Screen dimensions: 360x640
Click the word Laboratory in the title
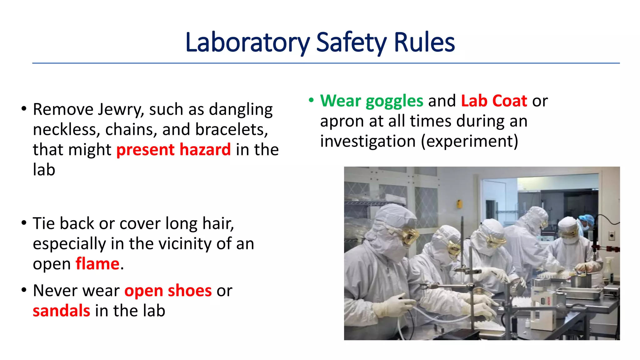pyautogui.click(x=247, y=43)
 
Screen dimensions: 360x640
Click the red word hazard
pyautogui.click(x=205, y=150)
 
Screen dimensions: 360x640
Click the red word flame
pyautogui.click(x=97, y=264)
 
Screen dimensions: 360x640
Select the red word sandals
pyautogui.click(x=62, y=311)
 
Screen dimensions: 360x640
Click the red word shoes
pyautogui.click(x=190, y=291)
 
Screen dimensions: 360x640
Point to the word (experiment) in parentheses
pyautogui.click(x=469, y=141)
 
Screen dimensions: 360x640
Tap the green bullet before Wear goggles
pyautogui.click(x=311, y=100)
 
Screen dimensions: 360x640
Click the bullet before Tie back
pyautogui.click(x=24, y=223)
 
